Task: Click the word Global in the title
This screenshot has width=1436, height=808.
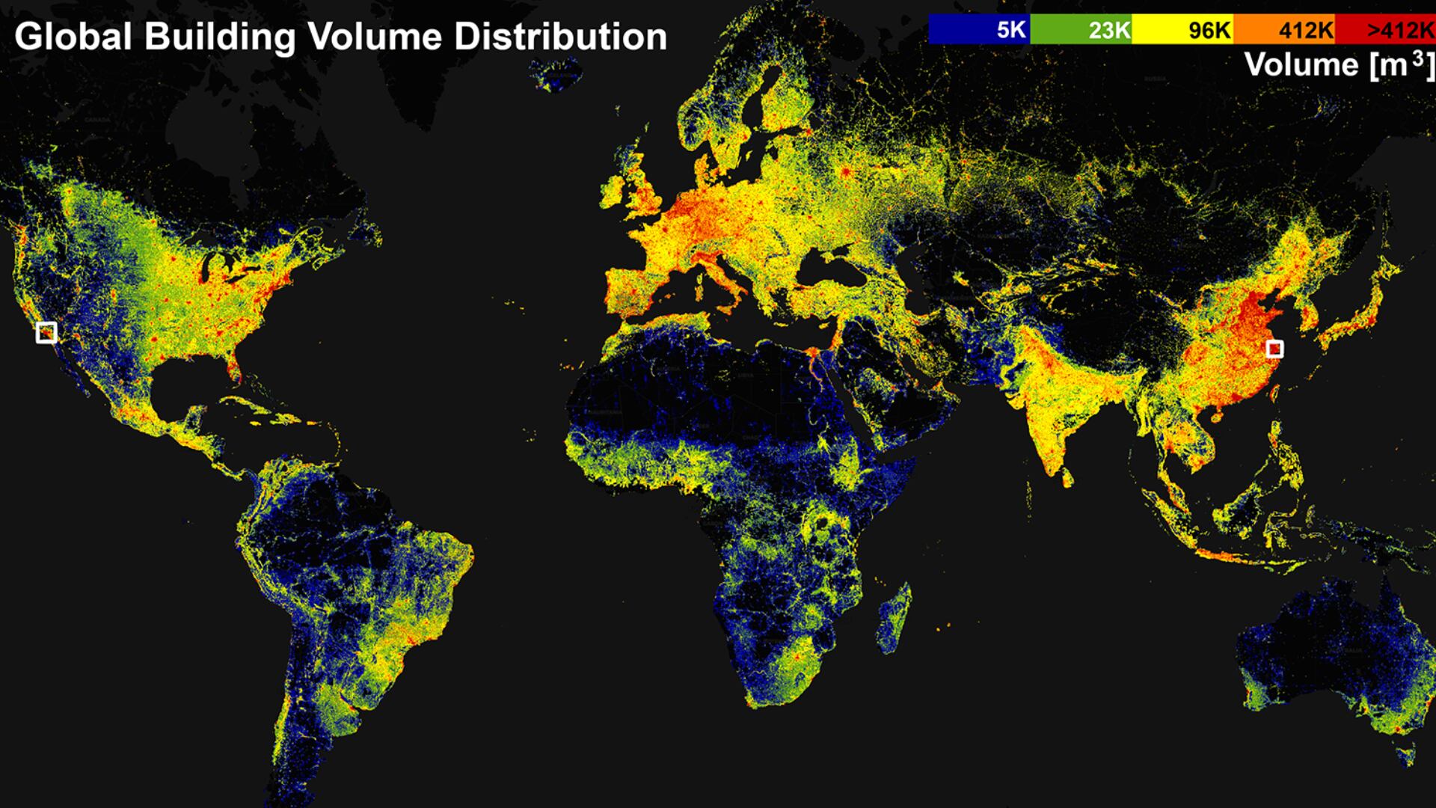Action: pos(73,36)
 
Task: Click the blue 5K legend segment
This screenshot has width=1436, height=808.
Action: pos(979,29)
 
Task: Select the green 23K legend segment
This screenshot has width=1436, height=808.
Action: pos(1081,29)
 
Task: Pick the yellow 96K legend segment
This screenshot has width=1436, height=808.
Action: pos(1182,29)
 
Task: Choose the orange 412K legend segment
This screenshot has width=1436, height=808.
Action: pos(1284,29)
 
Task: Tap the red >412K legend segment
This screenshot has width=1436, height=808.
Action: pos(1385,29)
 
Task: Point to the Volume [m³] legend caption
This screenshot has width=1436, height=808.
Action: pos(1339,65)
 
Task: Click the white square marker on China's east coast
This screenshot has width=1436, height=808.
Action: pos(1274,349)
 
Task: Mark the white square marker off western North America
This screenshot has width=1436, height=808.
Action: pos(46,332)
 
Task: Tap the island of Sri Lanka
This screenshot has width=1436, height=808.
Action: pos(1067,476)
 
